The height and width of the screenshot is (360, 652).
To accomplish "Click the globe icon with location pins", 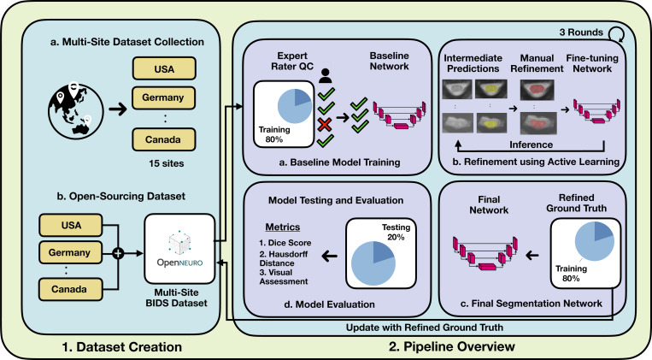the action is pos(75,110).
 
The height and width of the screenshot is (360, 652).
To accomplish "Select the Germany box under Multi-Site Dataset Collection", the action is pos(163,97).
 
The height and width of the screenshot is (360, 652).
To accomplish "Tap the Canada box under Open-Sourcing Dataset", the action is pos(70,289).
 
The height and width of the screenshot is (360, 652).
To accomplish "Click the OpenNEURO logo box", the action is pos(179,249).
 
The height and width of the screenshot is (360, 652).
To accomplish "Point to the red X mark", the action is pos(325,124).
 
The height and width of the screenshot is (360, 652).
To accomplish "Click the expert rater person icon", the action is pos(326,76).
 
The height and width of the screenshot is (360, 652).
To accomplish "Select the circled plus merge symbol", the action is pos(119,253).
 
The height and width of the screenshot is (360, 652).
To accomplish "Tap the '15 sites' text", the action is pos(167,163).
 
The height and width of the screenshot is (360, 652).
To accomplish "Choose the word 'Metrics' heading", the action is pos(283,227).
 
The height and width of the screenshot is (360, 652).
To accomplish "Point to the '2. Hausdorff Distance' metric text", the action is pos(284,258).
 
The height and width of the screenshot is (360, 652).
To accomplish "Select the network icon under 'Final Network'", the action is pos(485,253).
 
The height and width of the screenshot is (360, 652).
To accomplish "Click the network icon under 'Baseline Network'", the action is pos(400,115).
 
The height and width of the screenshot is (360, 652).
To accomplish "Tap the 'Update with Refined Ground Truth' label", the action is pos(425,328).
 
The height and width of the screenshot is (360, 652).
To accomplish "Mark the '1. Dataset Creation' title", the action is pos(122,346).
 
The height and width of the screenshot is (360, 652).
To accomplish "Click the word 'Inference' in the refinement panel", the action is pos(531,145).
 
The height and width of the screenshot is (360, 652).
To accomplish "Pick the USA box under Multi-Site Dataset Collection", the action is pos(164,68).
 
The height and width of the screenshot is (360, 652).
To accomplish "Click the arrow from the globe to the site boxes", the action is pos(118,110).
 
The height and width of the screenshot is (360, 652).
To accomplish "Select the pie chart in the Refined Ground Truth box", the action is pos(594,241).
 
